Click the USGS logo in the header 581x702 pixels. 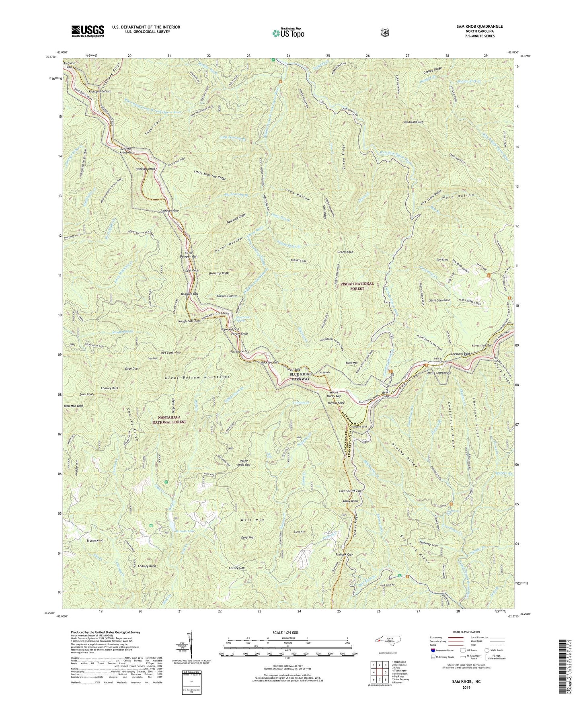click(x=88, y=31)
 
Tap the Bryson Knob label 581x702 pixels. click(x=95, y=540)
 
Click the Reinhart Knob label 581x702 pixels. click(x=145, y=169)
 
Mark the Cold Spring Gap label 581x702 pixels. click(x=349, y=491)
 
